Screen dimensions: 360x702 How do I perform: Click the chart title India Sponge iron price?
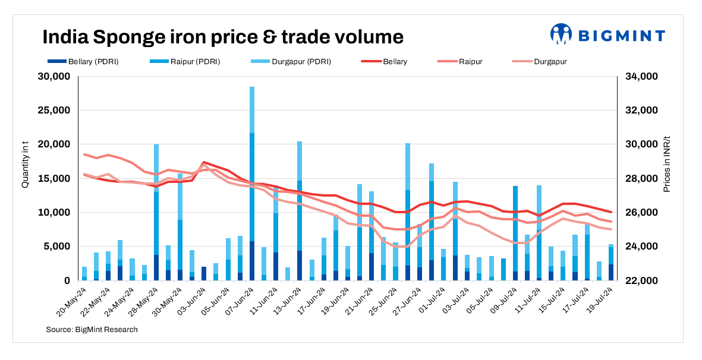223,37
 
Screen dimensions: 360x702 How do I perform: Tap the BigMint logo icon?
561,34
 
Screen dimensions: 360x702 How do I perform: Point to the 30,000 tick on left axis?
54,77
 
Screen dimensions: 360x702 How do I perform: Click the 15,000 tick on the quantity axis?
54,178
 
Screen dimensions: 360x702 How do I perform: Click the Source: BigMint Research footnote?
92,329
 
